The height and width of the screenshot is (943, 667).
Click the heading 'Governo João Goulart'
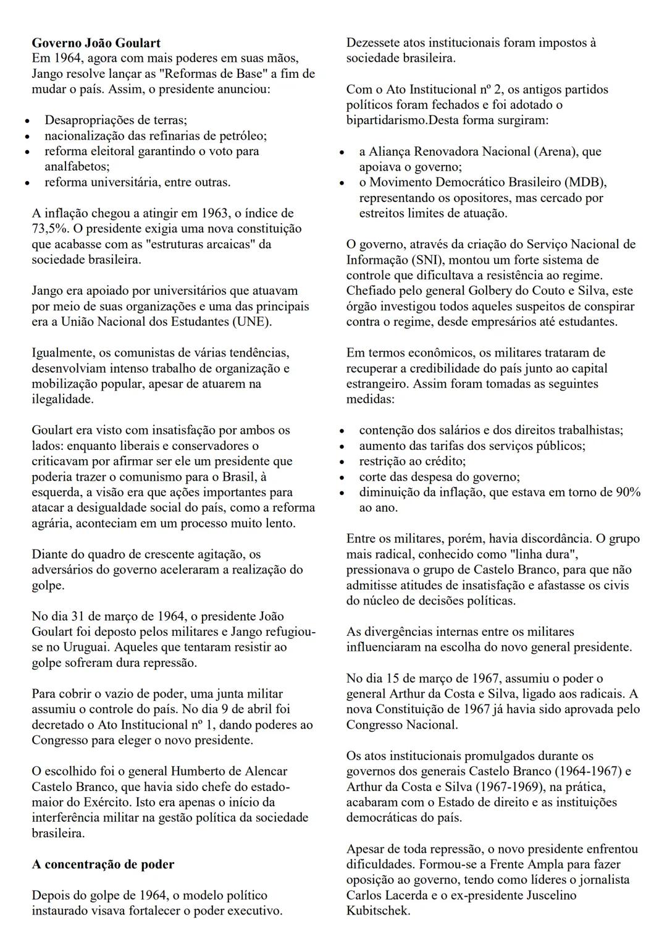pyautogui.click(x=96, y=43)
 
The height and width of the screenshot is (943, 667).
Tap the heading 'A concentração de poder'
pyautogui.click(x=103, y=865)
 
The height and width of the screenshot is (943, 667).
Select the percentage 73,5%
pyautogui.click(x=48, y=229)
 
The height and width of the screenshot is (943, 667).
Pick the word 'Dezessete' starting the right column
pyautogui.click(x=372, y=43)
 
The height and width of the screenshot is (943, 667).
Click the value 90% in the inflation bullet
pyautogui.click(x=628, y=493)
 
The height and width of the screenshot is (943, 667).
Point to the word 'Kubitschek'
pyautogui.click(x=378, y=911)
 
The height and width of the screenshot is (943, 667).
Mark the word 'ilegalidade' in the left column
pyautogui.click(x=63, y=399)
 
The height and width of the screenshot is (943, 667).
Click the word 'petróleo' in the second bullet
pyautogui.click(x=245, y=136)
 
